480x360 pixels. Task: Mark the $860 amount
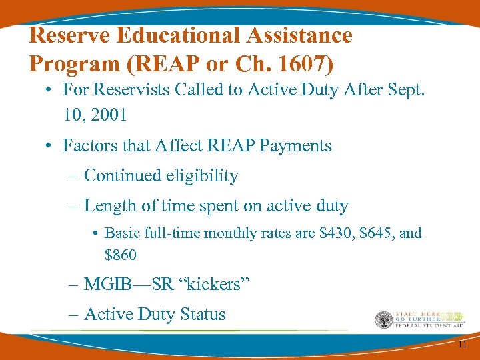coord(121,255)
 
